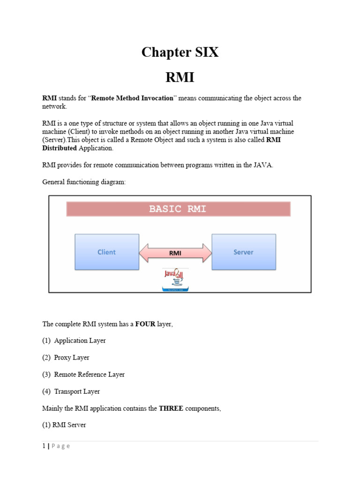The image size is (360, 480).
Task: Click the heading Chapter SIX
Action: pyautogui.click(x=180, y=52)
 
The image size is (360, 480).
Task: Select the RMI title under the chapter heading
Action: pyautogui.click(x=180, y=77)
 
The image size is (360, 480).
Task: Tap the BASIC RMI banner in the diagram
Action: pyautogui.click(x=178, y=209)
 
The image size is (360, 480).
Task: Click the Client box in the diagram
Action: pyautogui.click(x=107, y=252)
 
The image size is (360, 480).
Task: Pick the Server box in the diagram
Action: pyautogui.click(x=243, y=252)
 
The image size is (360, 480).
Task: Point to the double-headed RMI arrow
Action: pyautogui.click(x=175, y=253)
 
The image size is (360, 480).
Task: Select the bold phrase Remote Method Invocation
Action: pyautogui.click(x=125, y=98)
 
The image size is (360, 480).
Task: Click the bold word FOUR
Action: pyautogui.click(x=145, y=324)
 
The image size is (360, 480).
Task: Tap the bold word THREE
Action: pyautogui.click(x=171, y=408)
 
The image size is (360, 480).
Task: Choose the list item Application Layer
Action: pyautogui.click(x=80, y=341)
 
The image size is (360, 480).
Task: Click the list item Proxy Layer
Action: pyautogui.click(x=71, y=358)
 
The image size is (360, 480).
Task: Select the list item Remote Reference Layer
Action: pyautogui.click(x=89, y=375)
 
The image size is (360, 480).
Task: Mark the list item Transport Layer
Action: pyautogui.click(x=77, y=391)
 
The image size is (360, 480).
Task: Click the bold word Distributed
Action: pyautogui.click(x=60, y=148)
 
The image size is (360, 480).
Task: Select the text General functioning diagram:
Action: pyautogui.click(x=84, y=182)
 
